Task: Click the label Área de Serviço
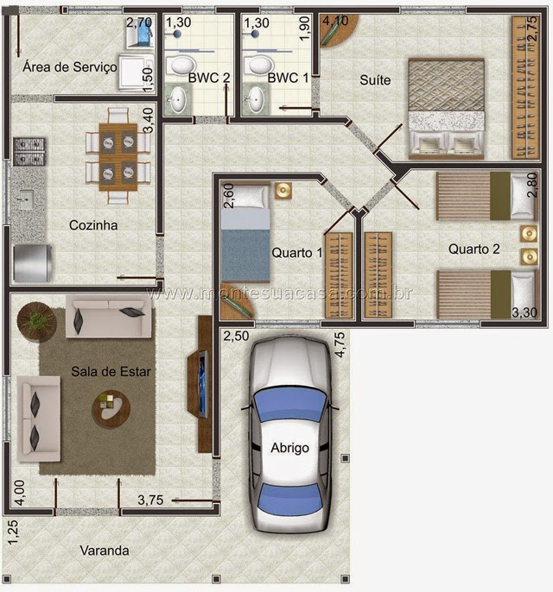tap(70, 66)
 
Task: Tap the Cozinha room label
tap(93, 225)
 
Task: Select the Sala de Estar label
tap(111, 371)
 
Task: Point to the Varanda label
tap(105, 551)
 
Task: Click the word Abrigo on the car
tap(290, 448)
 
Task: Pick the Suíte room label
tap(375, 80)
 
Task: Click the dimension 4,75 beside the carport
tap(340, 344)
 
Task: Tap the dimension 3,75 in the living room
tap(150, 500)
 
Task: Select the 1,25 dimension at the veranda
tap(13, 532)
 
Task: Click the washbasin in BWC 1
tap(256, 99)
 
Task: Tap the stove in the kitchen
tap(29, 151)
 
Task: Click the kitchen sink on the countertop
tap(26, 199)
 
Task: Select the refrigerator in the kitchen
tap(32, 263)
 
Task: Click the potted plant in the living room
tap(36, 322)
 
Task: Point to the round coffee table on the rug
tap(111, 409)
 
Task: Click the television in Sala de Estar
tap(203, 384)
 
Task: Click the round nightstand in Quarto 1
tap(283, 190)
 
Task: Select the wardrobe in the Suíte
tap(524, 87)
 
